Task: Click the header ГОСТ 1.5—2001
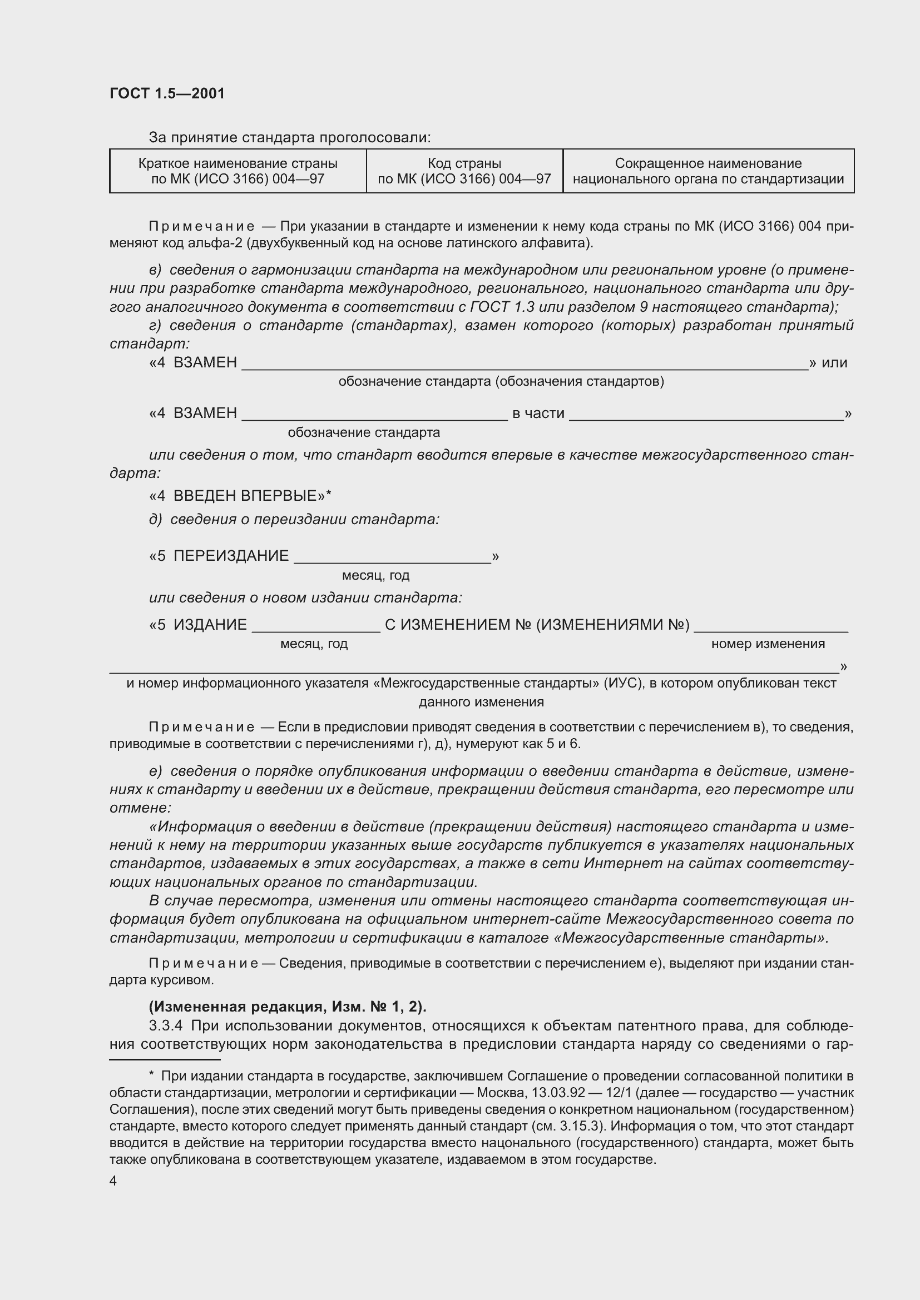(x=167, y=93)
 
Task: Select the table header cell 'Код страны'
(x=464, y=163)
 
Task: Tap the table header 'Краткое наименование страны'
(x=238, y=163)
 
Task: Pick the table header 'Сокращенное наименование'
(x=708, y=163)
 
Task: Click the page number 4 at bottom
(x=113, y=1181)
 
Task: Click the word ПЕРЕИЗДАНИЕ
(x=231, y=555)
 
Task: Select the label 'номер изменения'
(x=768, y=644)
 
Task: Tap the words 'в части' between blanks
(x=538, y=414)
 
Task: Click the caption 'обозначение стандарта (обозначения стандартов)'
(x=501, y=382)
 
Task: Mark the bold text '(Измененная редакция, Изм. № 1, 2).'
(x=288, y=1006)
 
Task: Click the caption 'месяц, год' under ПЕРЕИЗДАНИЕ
(x=375, y=575)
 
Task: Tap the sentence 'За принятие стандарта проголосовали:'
(x=289, y=138)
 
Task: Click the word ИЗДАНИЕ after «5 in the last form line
(x=210, y=625)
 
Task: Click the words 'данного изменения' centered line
(x=481, y=702)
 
